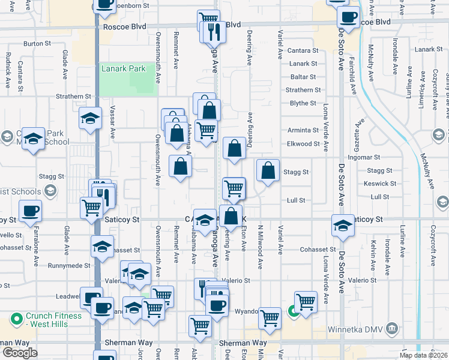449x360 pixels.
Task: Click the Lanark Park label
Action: tap(124, 68)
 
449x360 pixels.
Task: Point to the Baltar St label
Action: tap(303, 77)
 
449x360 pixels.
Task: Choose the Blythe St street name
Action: tap(303, 103)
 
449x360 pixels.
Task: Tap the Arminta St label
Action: tap(303, 130)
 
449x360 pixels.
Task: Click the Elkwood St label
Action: tap(303, 144)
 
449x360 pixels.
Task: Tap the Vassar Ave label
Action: tap(112, 124)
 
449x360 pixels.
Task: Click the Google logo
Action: tap(20, 353)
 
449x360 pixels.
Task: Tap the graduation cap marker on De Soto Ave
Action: tap(343, 226)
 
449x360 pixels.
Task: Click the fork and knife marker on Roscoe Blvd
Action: tap(214, 31)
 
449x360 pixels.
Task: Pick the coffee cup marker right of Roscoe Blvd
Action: tap(348, 17)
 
